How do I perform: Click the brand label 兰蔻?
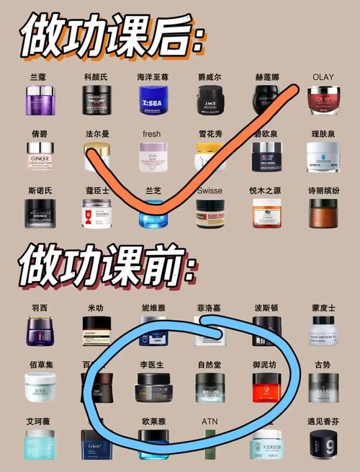coord(40,77)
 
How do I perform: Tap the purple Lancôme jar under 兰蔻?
coord(40,100)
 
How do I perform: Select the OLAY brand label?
coord(323,76)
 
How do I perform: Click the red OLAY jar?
coord(323,101)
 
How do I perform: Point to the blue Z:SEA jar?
coord(153,101)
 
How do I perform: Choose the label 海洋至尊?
coord(153,77)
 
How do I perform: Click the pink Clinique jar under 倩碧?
coord(40,156)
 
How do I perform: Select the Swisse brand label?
coord(210,191)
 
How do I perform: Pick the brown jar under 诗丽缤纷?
coord(323,213)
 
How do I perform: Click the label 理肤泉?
coord(323,134)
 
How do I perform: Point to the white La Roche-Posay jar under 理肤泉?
coord(323,156)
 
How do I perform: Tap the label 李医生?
coord(153,366)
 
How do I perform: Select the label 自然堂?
coord(210,366)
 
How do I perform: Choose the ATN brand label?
coord(210,421)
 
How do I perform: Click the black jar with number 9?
coord(323,445)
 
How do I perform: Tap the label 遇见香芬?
coord(323,421)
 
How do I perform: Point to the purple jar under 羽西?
coord(40,331)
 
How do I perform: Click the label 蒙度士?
coord(323,308)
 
